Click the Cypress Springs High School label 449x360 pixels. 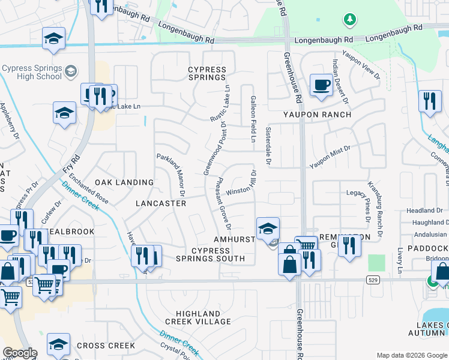[x=31, y=72]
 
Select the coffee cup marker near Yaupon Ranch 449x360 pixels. [x=321, y=85]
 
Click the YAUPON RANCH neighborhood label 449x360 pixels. [x=317, y=114]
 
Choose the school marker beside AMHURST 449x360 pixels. [x=268, y=228]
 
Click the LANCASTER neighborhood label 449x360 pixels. [x=160, y=203]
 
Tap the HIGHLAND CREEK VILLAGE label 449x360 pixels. [x=203, y=317]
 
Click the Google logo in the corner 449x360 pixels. [x=19, y=353]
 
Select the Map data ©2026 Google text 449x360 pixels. [x=411, y=355]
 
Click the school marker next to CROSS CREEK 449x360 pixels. [x=58, y=344]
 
